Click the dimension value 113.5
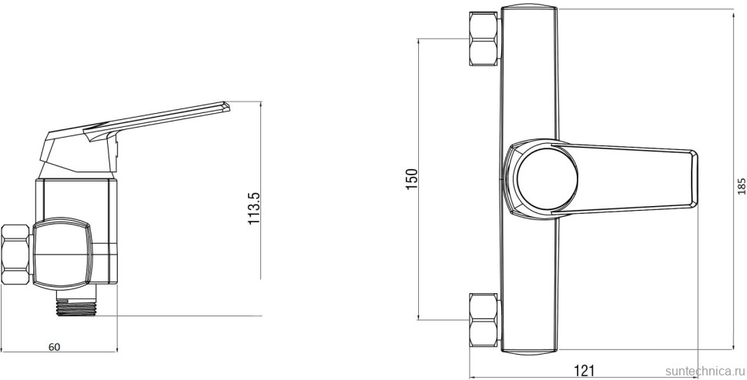(255, 208)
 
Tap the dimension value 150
(411, 178)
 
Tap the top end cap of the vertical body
(528, 12)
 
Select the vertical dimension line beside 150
(418, 231)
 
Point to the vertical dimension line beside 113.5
(262, 254)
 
